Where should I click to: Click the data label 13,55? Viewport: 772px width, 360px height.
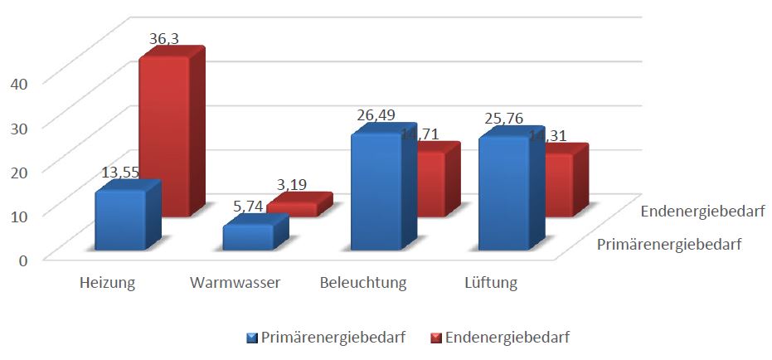[120, 173]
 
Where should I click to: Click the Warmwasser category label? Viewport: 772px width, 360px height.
[235, 283]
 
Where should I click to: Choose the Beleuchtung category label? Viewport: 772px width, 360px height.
[363, 283]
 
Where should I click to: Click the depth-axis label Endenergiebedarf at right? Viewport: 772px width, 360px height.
[702, 212]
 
